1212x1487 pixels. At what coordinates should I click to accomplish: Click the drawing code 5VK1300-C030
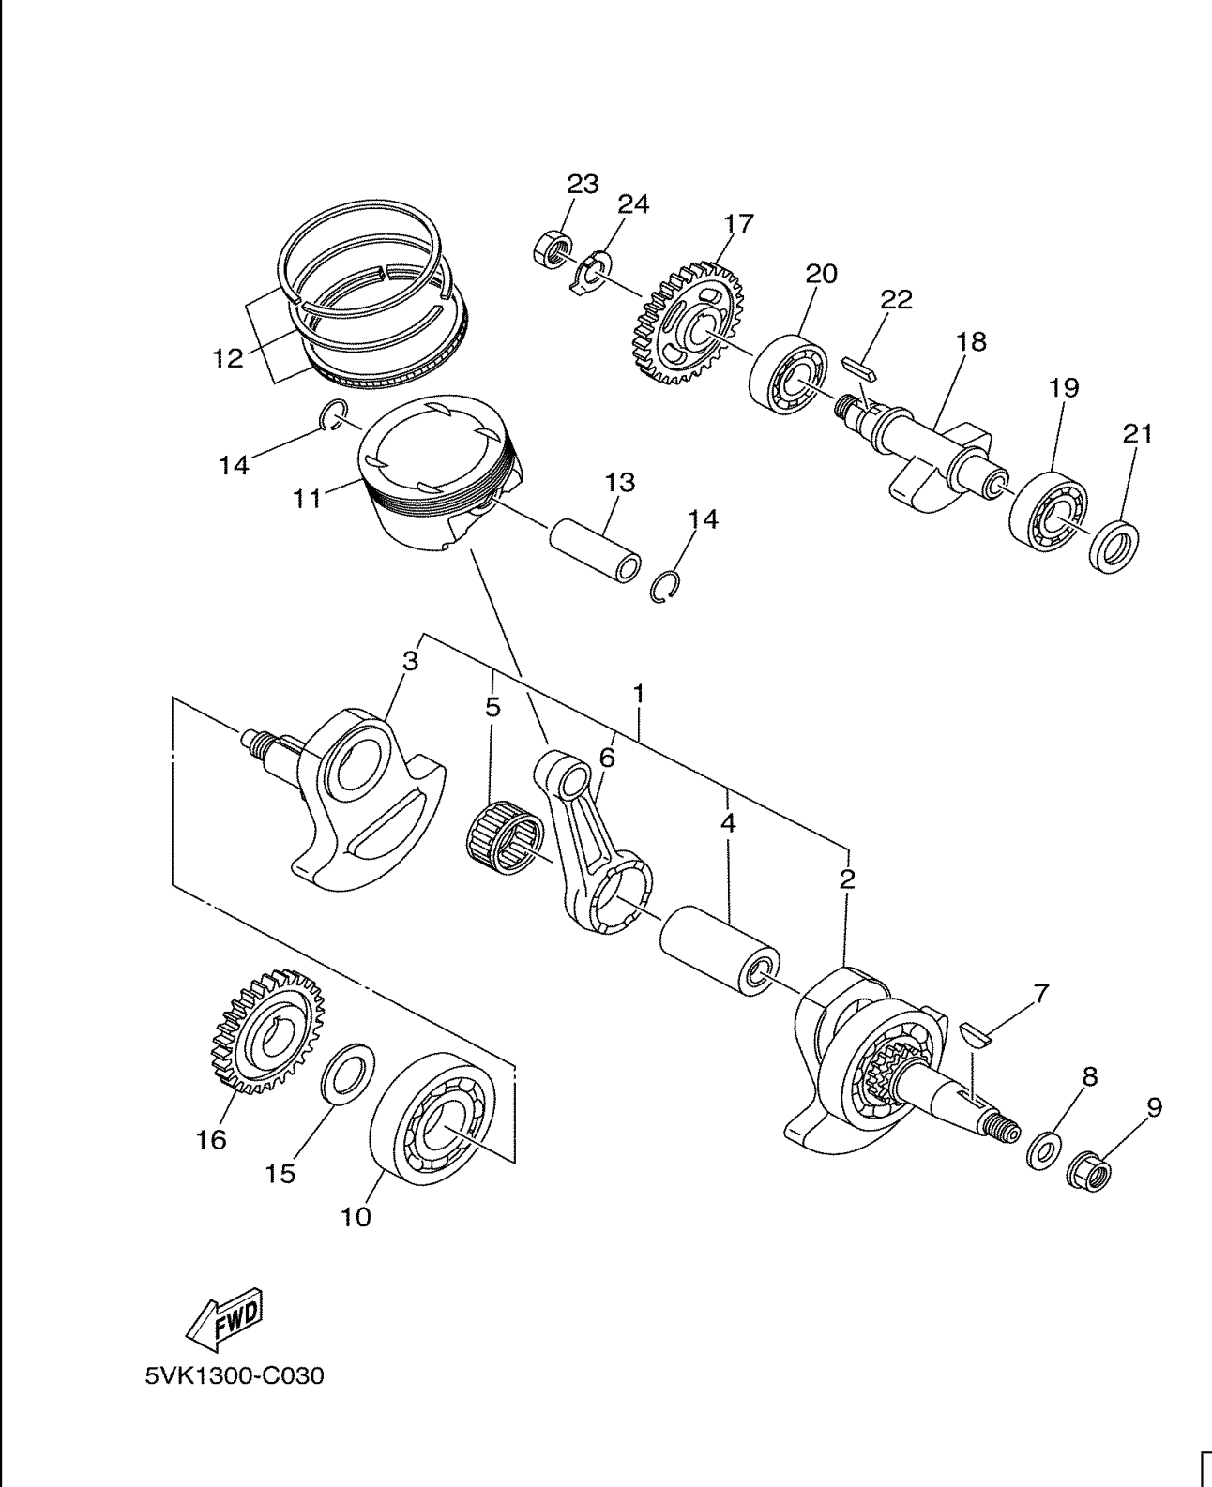tap(235, 1377)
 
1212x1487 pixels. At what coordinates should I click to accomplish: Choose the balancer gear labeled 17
tap(684, 323)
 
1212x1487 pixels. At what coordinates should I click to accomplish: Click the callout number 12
tap(228, 357)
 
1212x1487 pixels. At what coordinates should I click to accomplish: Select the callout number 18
tap(972, 341)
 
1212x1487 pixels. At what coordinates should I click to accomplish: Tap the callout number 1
tap(638, 695)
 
